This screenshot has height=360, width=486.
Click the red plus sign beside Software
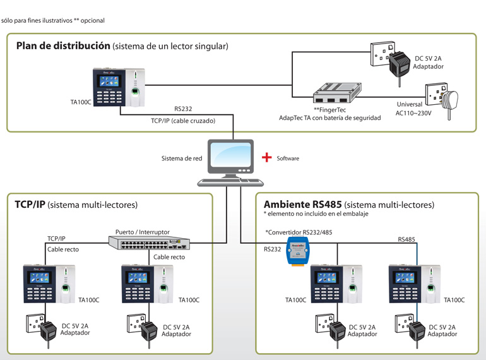pyautogui.click(x=266, y=157)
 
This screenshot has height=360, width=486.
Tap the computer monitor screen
pyautogui.click(x=230, y=155)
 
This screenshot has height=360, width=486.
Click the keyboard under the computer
pyautogui.click(x=230, y=183)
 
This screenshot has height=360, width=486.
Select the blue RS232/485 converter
pyautogui.click(x=297, y=251)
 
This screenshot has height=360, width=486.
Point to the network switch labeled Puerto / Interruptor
pyautogui.click(x=149, y=243)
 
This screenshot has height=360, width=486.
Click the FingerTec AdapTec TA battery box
pyautogui.click(x=337, y=93)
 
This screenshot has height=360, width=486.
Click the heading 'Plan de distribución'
pyautogui.click(x=63, y=46)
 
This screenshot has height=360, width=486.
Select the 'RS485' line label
pyautogui.click(x=406, y=239)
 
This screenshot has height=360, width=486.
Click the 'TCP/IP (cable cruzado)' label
pyautogui.click(x=183, y=121)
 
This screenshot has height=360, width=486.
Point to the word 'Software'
pyautogui.click(x=288, y=158)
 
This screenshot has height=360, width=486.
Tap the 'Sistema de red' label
pyautogui.click(x=182, y=159)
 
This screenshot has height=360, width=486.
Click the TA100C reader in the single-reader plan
pyautogui.click(x=119, y=87)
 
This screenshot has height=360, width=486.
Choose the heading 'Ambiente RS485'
pyautogui.click(x=302, y=205)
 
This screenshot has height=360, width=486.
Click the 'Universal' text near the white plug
pyautogui.click(x=410, y=104)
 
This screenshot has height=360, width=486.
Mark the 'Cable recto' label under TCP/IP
pyautogui.click(x=63, y=249)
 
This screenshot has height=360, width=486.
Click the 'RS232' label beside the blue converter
pyautogui.click(x=272, y=249)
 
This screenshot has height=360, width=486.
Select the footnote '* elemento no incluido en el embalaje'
pyautogui.click(x=316, y=213)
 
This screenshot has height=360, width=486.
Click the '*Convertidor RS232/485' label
pyautogui.click(x=299, y=232)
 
